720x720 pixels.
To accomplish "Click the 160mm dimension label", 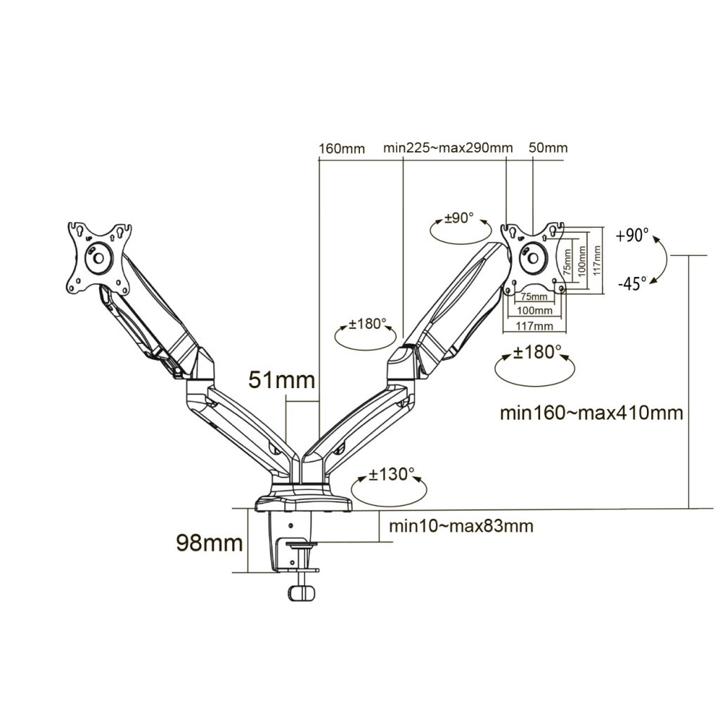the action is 342,149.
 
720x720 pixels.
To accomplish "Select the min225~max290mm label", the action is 448,148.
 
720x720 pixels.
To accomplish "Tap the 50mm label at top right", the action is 548,148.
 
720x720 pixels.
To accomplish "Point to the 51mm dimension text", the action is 282,380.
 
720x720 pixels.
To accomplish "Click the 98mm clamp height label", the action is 210,544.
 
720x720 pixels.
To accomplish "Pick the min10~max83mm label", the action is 461,526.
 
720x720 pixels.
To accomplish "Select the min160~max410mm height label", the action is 591,413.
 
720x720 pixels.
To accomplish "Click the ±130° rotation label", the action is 391,475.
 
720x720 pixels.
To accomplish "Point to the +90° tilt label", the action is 632,235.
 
